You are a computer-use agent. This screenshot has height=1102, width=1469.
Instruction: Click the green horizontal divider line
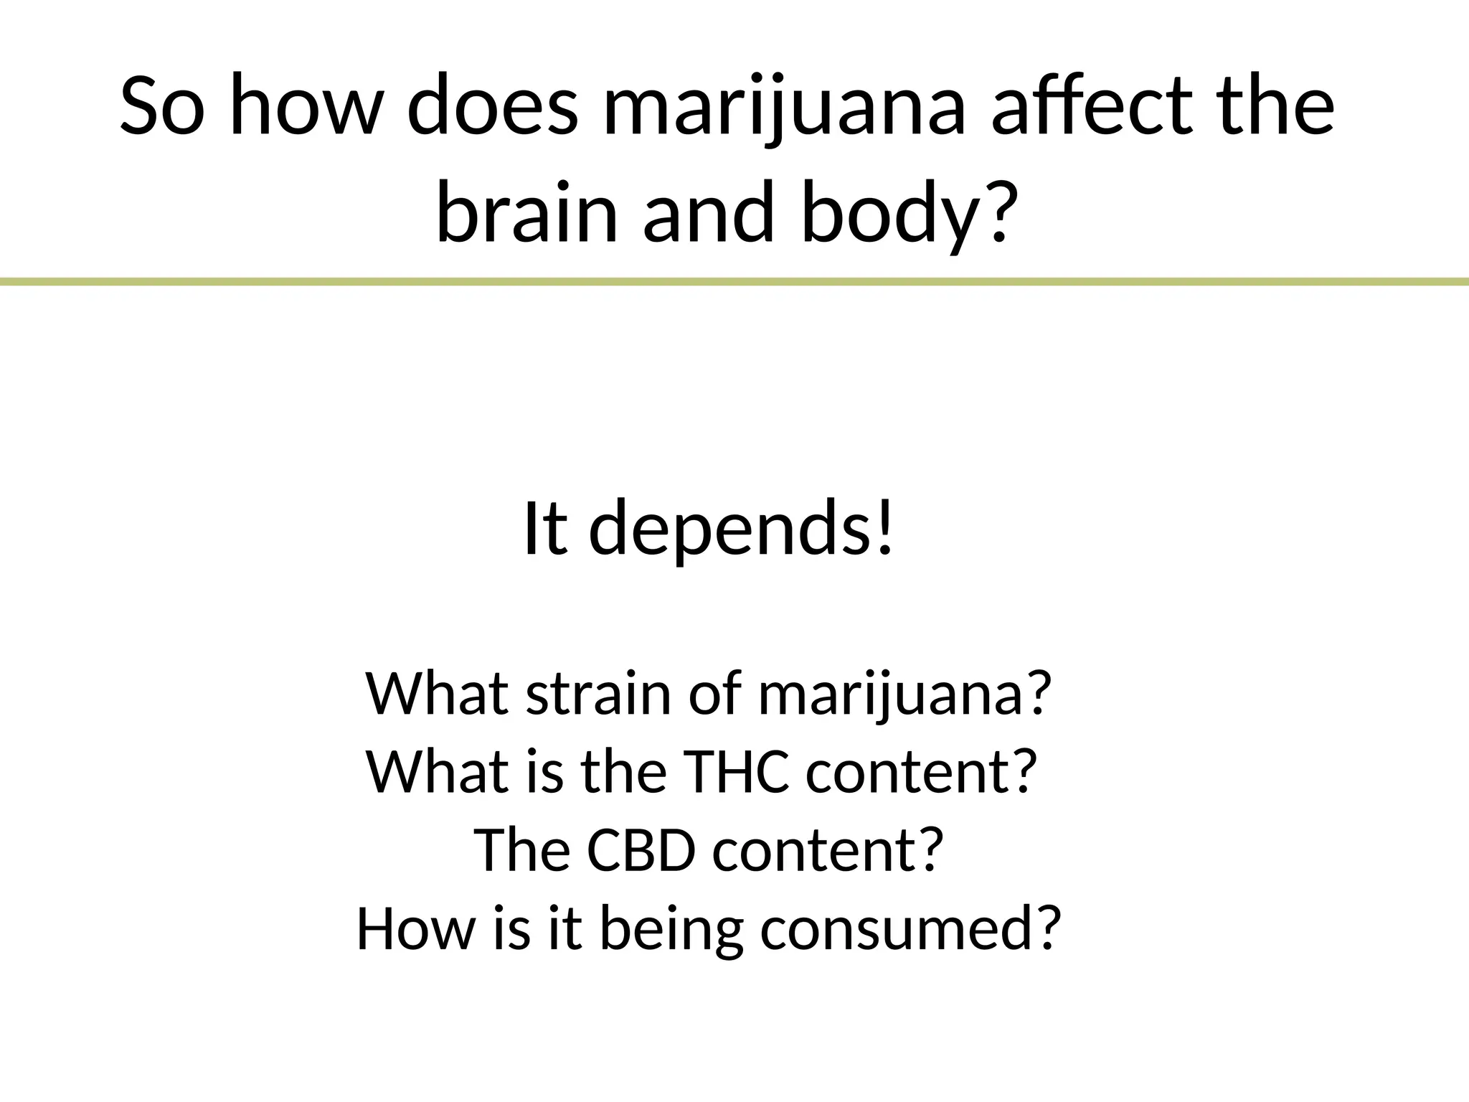[734, 282]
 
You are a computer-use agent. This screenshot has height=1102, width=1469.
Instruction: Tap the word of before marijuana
[717, 694]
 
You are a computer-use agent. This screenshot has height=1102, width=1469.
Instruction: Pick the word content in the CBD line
[825, 849]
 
